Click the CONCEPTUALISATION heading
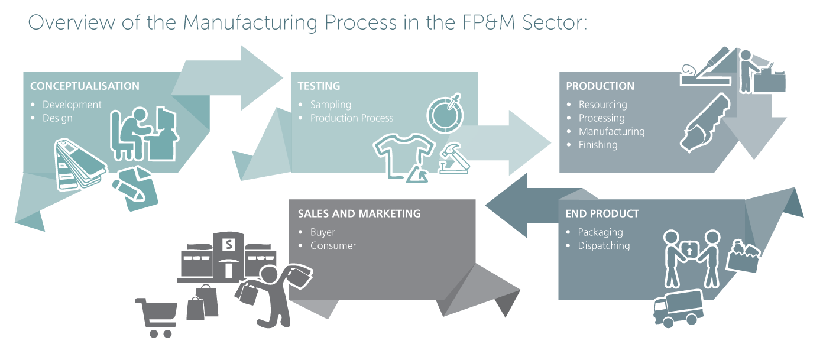pyautogui.click(x=85, y=86)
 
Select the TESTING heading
pyautogui.click(x=319, y=86)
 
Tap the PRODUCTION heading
pyautogui.click(x=600, y=86)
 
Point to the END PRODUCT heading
pyautogui.click(x=602, y=213)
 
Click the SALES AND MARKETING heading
pyautogui.click(x=359, y=213)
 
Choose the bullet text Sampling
pyautogui.click(x=331, y=105)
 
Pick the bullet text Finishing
pyautogui.click(x=598, y=145)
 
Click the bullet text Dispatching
pyautogui.click(x=604, y=246)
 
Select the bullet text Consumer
pyautogui.click(x=333, y=246)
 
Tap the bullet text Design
pyautogui.click(x=57, y=118)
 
